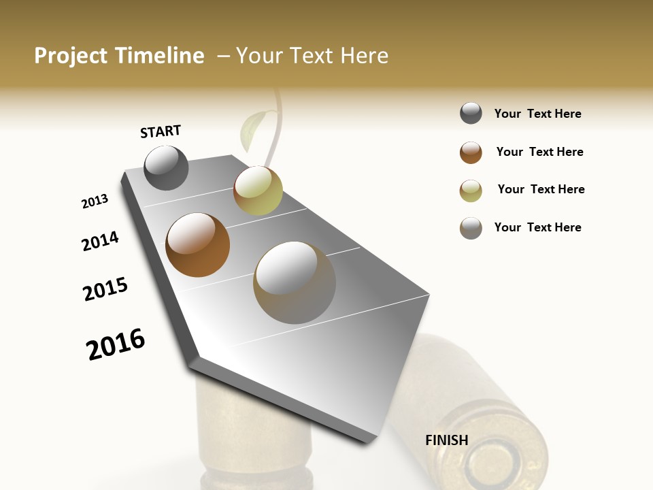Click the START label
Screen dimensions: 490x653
pyautogui.click(x=161, y=131)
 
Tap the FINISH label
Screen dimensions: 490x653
pyautogui.click(x=446, y=440)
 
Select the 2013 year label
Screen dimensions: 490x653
pyautogui.click(x=95, y=201)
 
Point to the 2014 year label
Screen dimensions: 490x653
pyautogui.click(x=100, y=241)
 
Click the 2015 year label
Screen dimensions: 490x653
pyautogui.click(x=105, y=289)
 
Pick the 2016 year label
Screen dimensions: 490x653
pyautogui.click(x=116, y=344)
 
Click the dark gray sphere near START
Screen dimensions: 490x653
pyautogui.click(x=166, y=167)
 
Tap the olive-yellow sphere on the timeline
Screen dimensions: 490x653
pyautogui.click(x=258, y=191)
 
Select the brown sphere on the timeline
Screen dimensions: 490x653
pyautogui.click(x=197, y=245)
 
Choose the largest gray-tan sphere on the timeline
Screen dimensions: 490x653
pyautogui.click(x=294, y=282)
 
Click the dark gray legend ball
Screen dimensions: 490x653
pyautogui.click(x=471, y=114)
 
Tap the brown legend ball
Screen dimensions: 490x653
pyautogui.click(x=471, y=152)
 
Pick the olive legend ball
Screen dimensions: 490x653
pyautogui.click(x=471, y=191)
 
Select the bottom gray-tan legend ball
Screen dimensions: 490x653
pyautogui.click(x=471, y=228)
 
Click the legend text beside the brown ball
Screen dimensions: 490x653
pyautogui.click(x=539, y=152)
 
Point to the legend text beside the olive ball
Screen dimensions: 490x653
pyautogui.click(x=541, y=189)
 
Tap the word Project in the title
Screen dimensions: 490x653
pyautogui.click(x=71, y=56)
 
